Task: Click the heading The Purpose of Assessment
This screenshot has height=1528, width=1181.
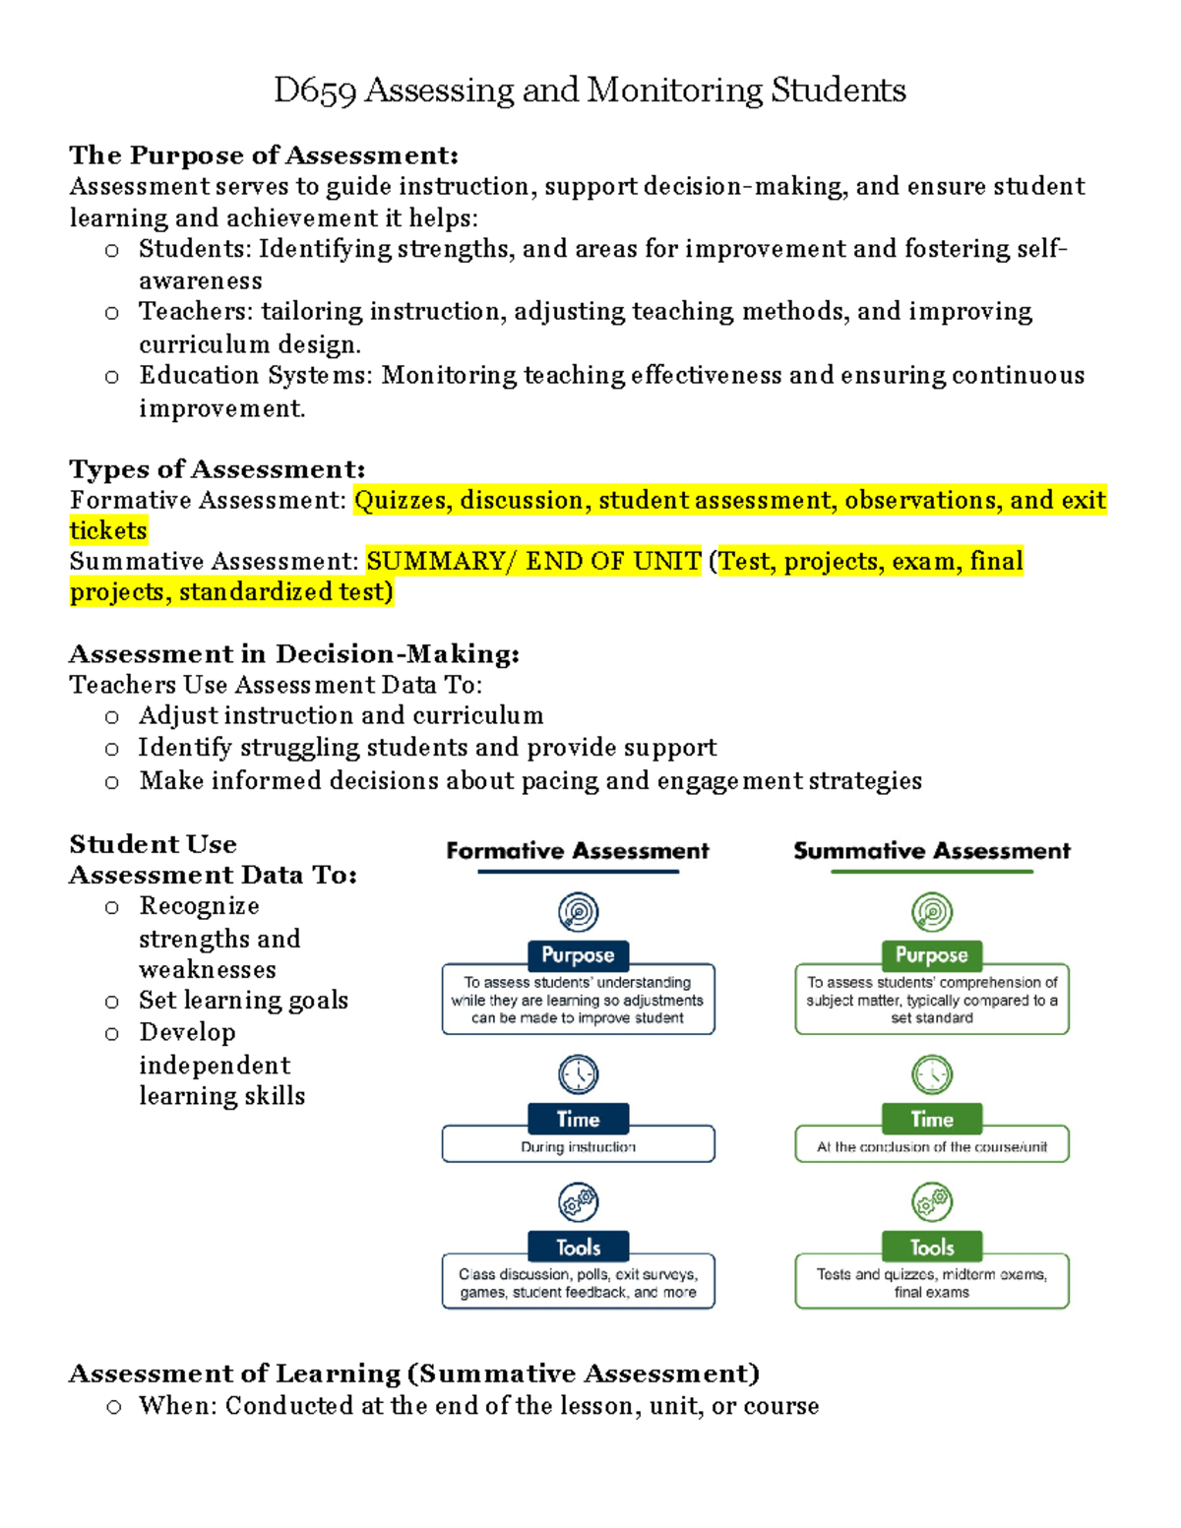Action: [x=263, y=155]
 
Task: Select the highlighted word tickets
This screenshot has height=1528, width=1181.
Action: [x=108, y=531]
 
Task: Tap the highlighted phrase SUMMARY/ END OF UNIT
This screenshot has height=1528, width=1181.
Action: [x=533, y=561]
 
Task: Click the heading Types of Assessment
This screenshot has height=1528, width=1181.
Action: [x=217, y=469]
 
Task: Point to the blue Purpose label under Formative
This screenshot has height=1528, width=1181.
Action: [x=578, y=955]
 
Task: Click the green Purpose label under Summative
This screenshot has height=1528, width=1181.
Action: [x=931, y=955]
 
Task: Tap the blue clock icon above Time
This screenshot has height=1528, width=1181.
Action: [x=578, y=1074]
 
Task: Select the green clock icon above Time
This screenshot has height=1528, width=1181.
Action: [x=931, y=1074]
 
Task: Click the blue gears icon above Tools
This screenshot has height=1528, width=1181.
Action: [x=578, y=1202]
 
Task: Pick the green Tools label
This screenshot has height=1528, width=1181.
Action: [x=931, y=1248]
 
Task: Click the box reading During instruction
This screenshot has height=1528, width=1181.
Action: [x=578, y=1146]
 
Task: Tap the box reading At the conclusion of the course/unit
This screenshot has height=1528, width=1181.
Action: [x=931, y=1146]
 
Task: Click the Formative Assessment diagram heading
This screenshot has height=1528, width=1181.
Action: [x=578, y=851]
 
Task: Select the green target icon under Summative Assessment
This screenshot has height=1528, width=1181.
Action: [x=931, y=912]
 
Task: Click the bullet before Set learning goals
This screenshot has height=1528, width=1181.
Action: [x=112, y=1003]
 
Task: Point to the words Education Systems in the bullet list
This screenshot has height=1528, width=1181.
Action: [x=253, y=376]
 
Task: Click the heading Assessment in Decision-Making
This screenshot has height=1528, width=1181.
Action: [x=293, y=654]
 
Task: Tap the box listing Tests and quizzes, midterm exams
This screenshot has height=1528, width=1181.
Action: [x=931, y=1282]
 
